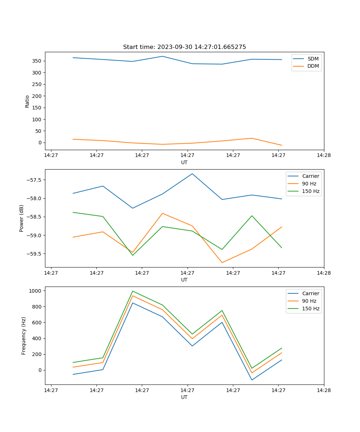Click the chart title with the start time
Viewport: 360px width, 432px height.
click(x=184, y=47)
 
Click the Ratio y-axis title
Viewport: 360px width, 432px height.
click(x=27, y=101)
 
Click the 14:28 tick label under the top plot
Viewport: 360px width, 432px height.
click(x=324, y=156)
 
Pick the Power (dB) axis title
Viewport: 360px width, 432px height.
click(x=22, y=218)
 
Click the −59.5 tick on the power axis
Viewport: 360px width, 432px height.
click(x=35, y=254)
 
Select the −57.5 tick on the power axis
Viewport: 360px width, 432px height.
click(x=35, y=180)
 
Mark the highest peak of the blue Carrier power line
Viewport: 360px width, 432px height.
click(x=192, y=174)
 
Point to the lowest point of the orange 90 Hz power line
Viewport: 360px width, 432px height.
click(x=222, y=262)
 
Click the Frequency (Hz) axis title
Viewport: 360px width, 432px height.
click(x=24, y=336)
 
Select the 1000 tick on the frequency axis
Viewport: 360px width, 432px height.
click(x=36, y=291)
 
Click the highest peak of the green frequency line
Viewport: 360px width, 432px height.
click(x=133, y=291)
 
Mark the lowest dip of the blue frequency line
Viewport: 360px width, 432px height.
click(x=252, y=380)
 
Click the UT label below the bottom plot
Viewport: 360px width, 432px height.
click(x=184, y=397)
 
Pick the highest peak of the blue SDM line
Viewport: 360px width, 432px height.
click(x=162, y=56)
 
